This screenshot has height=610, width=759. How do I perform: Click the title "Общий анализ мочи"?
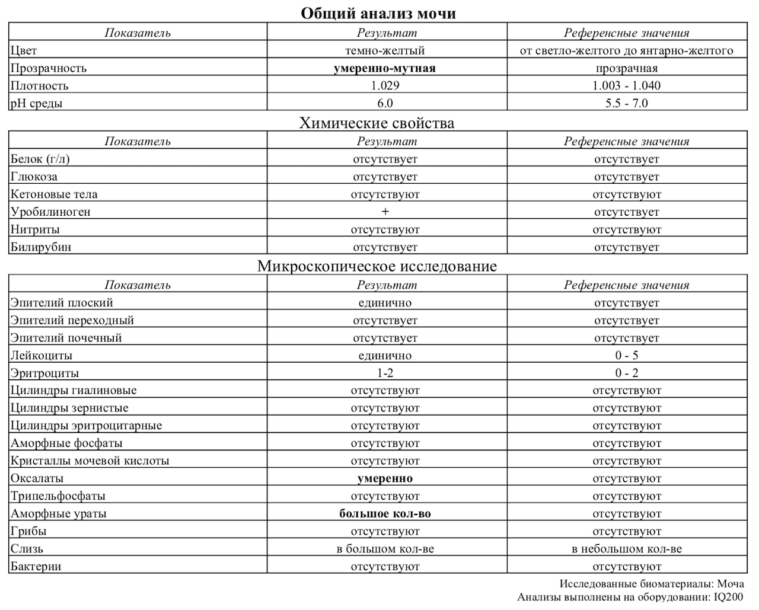[x=378, y=13]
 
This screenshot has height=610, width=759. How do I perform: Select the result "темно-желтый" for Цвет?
[x=385, y=50]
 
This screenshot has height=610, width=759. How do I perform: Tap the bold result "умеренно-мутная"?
[x=385, y=68]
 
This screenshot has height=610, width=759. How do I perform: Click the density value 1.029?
[x=385, y=85]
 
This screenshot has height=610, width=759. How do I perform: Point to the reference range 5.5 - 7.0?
[x=626, y=103]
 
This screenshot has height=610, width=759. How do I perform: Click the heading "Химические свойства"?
[x=377, y=123]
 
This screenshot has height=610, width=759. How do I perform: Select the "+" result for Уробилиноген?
[x=385, y=212]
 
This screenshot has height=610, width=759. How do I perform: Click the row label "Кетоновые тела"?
[x=54, y=194]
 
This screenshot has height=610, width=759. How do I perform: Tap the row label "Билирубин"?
[x=41, y=247]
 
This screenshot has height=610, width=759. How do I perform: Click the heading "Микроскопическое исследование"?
[x=377, y=266]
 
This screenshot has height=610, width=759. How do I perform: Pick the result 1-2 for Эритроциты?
[x=385, y=373]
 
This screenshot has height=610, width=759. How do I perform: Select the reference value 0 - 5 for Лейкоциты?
[x=626, y=356]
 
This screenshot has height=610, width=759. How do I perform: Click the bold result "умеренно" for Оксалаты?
[x=385, y=478]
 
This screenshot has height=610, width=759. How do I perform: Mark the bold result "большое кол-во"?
[x=385, y=513]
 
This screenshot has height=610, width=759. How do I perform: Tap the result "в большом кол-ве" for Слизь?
[x=385, y=549]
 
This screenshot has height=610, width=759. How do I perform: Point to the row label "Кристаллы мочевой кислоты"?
[x=90, y=461]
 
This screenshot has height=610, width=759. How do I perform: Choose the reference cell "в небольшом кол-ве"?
[x=626, y=549]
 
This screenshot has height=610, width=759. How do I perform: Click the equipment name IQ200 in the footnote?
[x=728, y=597]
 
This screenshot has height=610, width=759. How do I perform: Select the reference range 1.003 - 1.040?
[x=626, y=85]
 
